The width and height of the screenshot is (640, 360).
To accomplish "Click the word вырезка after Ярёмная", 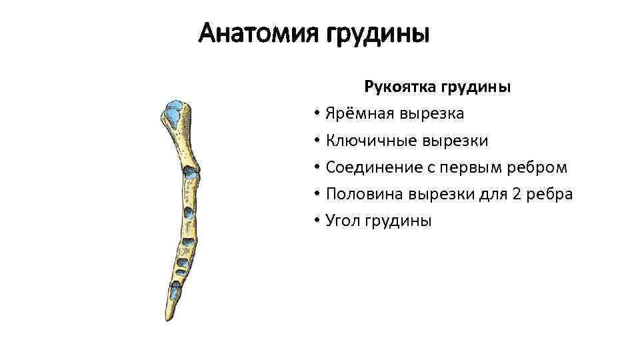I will [432, 114].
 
